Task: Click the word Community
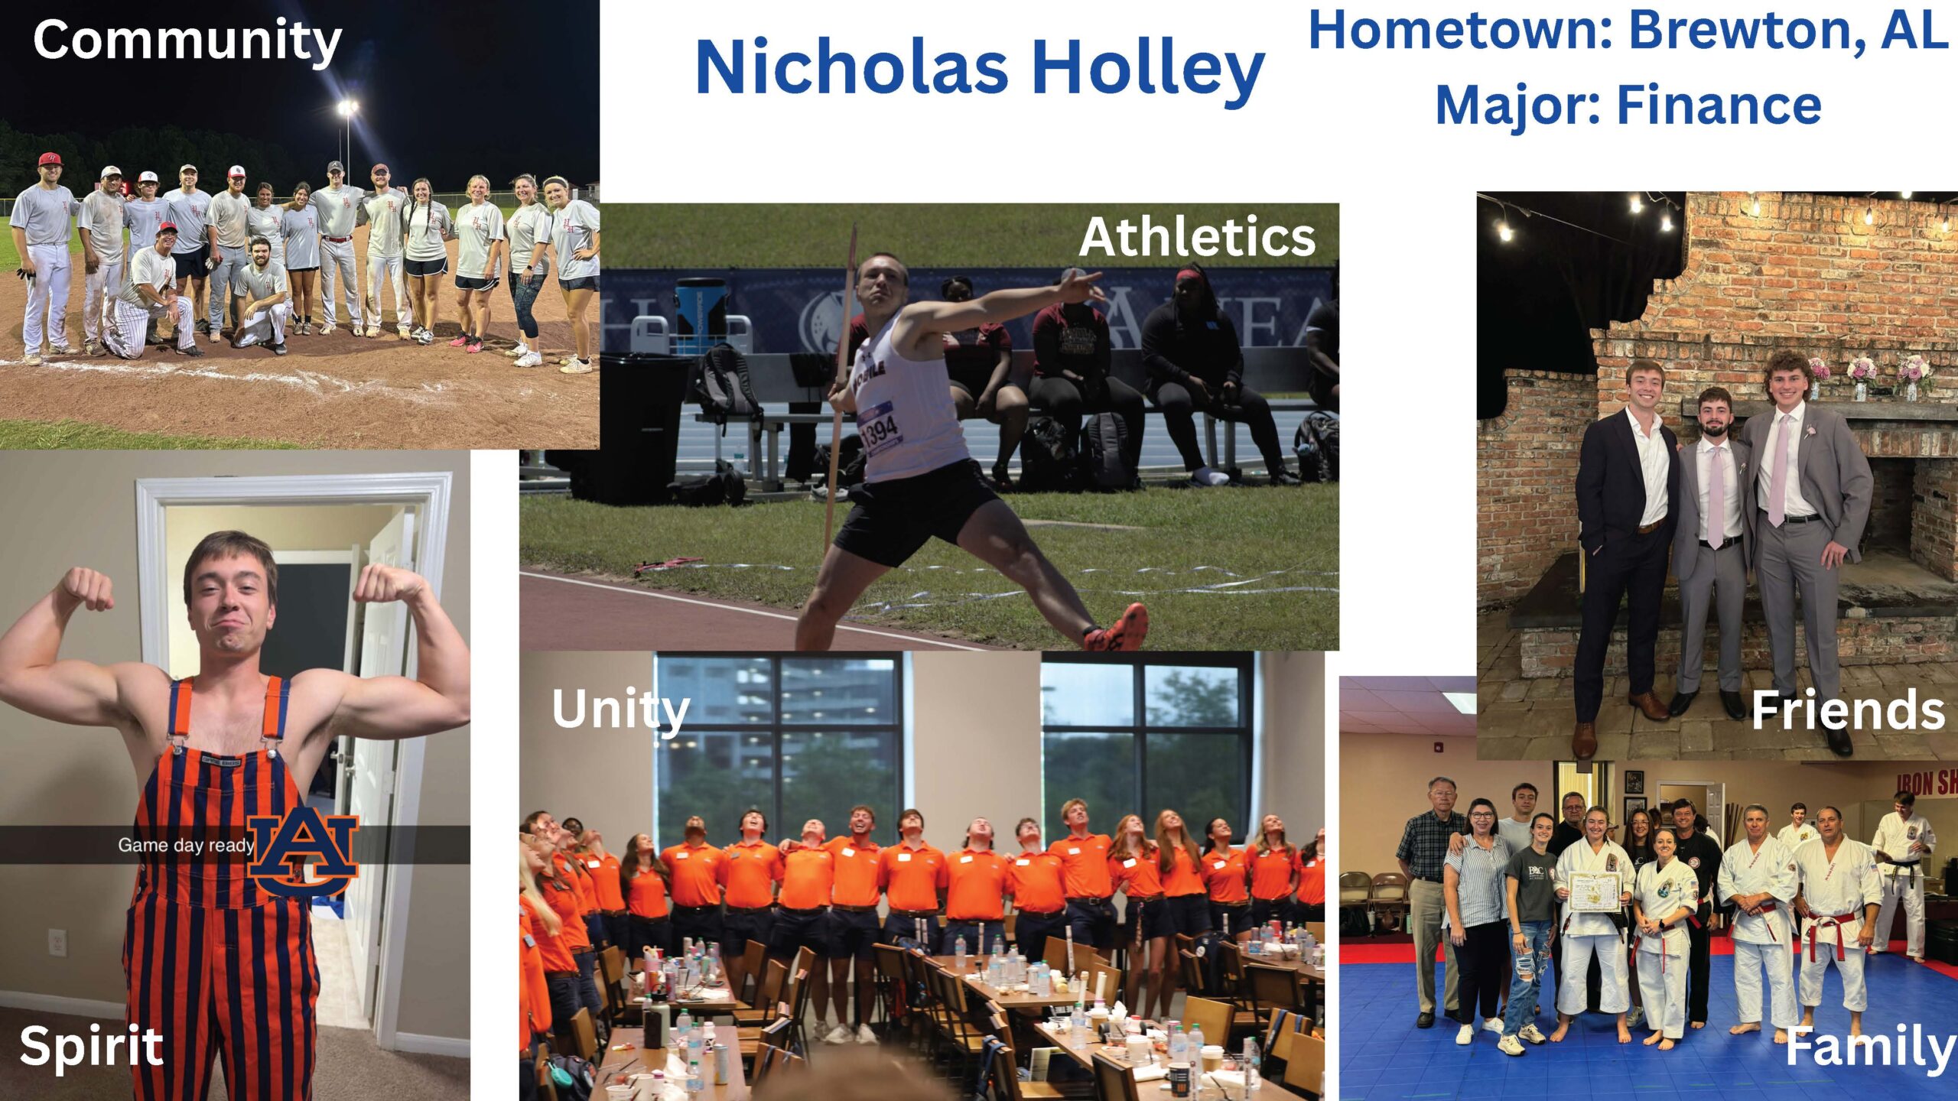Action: pos(187,41)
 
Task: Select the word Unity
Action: pos(621,710)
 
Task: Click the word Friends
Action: pos(1848,710)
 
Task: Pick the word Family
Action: pos(1870,1049)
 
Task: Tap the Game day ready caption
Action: pos(186,845)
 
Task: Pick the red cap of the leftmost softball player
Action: pos(50,159)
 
